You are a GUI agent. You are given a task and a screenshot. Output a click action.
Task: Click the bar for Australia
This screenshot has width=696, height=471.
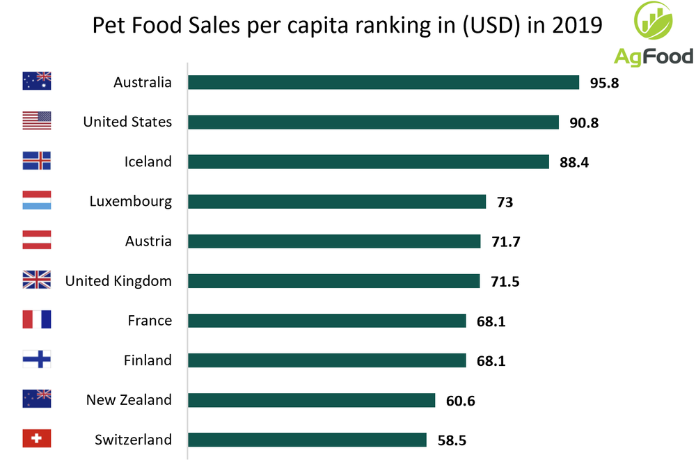pyautogui.click(x=383, y=82)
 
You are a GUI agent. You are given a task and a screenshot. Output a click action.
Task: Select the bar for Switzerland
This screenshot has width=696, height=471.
pyautogui.click(x=307, y=440)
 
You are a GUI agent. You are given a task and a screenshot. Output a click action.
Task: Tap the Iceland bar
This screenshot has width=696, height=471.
pyautogui.click(x=368, y=161)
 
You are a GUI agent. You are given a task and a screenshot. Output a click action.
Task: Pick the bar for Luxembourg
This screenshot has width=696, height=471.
pyautogui.click(x=337, y=202)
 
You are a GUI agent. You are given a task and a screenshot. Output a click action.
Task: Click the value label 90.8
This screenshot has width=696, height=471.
pyautogui.click(x=583, y=122)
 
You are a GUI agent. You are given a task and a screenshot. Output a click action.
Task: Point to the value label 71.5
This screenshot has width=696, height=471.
pyautogui.click(x=505, y=282)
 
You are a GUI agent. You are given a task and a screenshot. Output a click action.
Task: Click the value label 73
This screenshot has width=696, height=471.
pyautogui.click(x=505, y=202)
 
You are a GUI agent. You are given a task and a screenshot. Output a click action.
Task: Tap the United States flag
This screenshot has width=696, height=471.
pyautogui.click(x=37, y=121)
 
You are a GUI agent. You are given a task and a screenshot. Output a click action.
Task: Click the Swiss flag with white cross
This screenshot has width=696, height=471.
pyautogui.click(x=37, y=439)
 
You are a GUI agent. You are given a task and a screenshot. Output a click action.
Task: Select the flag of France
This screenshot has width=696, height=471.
pyautogui.click(x=37, y=320)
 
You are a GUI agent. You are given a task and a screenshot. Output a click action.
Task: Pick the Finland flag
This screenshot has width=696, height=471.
pyautogui.click(x=37, y=360)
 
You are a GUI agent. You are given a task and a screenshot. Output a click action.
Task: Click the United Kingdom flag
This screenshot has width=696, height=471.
pyautogui.click(x=37, y=280)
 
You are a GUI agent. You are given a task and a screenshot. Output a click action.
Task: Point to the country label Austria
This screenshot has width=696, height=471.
pyautogui.click(x=148, y=241)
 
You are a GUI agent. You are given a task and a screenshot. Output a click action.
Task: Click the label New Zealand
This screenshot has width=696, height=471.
pyautogui.click(x=129, y=400)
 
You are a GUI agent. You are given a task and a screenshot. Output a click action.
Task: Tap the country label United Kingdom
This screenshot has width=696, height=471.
pyautogui.click(x=118, y=281)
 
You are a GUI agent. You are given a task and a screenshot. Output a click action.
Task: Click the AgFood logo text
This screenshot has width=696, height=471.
pyautogui.click(x=654, y=56)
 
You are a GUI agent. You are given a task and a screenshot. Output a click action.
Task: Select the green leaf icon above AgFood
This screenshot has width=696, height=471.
pyautogui.click(x=654, y=22)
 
